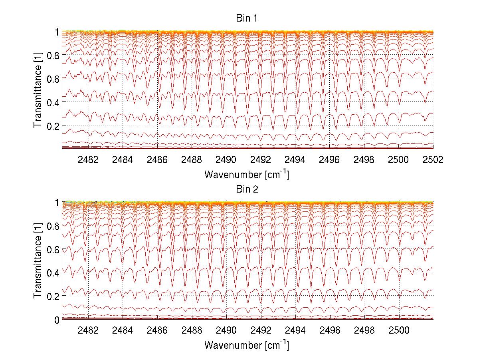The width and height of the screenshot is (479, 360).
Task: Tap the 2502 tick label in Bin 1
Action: pyautogui.click(x=433, y=159)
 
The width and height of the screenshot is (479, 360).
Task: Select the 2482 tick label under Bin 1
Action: pyautogui.click(x=88, y=159)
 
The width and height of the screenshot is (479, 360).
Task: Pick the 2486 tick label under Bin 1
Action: pyautogui.click(x=157, y=159)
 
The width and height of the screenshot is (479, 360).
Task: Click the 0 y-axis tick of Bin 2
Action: pyautogui.click(x=57, y=320)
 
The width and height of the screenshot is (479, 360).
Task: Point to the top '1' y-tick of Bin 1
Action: pyautogui.click(x=57, y=32)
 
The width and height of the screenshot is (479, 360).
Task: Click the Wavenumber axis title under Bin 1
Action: pyautogui.click(x=246, y=174)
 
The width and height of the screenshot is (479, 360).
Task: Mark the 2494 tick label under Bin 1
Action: pyautogui.click(x=295, y=159)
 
